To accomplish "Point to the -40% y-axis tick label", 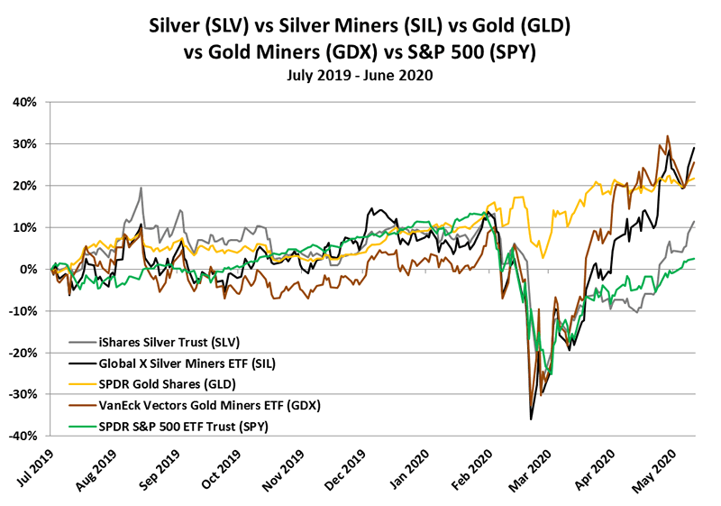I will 22,437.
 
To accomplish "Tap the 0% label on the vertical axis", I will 28,270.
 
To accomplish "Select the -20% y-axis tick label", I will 22,354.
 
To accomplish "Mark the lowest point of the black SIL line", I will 531,419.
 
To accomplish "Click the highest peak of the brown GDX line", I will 667,137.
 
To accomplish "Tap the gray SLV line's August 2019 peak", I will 141,189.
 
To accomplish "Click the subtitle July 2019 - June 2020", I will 360,76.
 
